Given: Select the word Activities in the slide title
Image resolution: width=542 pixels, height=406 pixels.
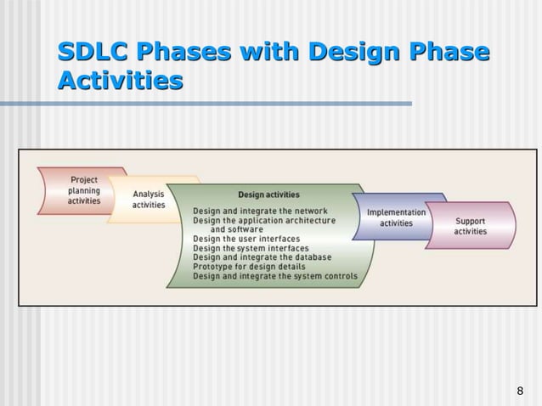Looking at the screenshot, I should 121,82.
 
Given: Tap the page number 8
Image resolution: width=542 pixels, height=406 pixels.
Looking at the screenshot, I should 520,391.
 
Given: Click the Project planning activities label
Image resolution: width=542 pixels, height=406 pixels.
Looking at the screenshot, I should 84,190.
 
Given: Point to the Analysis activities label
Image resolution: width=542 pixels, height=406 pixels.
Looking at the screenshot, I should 149,200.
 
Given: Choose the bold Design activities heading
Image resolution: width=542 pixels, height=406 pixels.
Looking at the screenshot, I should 268,195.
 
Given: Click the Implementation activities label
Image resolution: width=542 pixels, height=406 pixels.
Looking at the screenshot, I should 396,217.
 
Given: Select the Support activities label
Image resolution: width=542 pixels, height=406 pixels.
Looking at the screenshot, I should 471,226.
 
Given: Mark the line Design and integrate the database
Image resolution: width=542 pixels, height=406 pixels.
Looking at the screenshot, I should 262,257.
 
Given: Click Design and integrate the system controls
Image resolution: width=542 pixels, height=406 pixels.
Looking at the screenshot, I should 274,276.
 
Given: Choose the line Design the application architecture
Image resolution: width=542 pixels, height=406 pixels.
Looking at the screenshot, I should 263,220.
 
